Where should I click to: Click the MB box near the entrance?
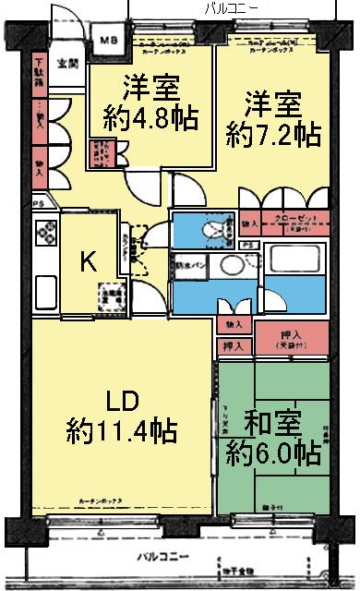109,41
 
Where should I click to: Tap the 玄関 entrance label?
66,64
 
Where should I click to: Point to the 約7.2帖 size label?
274,135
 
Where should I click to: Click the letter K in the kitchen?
88,262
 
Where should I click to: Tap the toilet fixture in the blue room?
214,228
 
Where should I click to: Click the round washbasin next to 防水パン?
236,269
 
